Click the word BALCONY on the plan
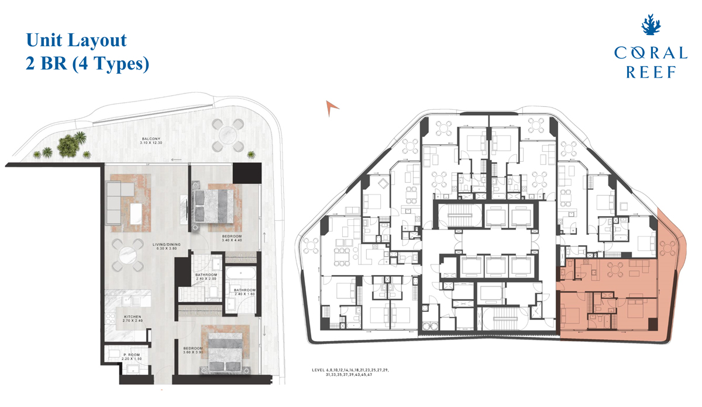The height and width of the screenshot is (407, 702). pos(150,138)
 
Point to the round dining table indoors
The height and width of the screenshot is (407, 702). pos(128,256)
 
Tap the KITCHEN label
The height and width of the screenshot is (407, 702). pos(133,317)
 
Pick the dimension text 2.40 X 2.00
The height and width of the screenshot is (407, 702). pos(206,280)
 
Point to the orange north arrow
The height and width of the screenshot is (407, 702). pos(332,107)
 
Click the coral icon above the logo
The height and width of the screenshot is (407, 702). pos(651,26)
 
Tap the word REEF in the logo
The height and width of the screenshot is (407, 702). pos(651,72)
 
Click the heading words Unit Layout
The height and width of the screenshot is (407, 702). pos(76,40)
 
